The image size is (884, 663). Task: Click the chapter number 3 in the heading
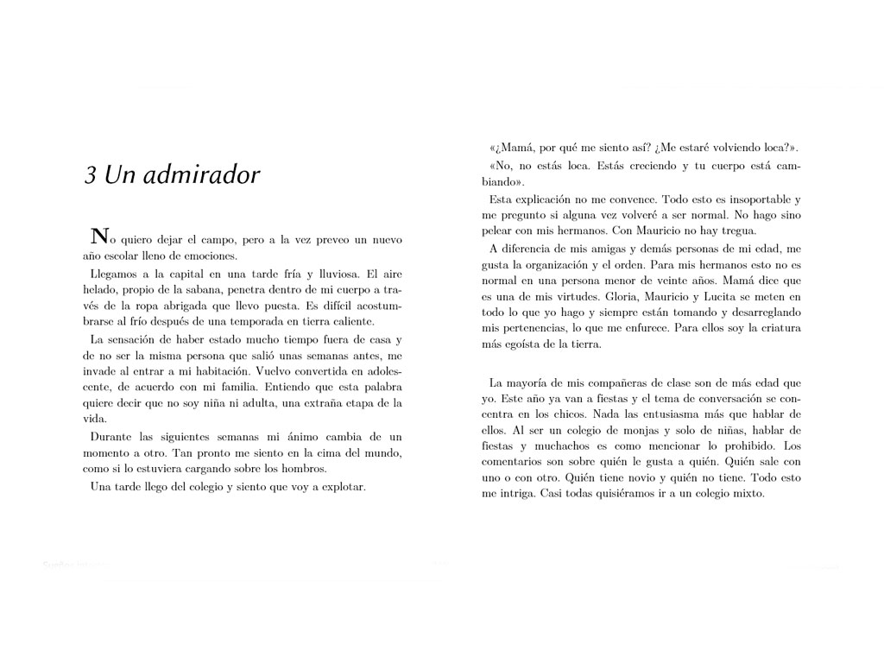90,175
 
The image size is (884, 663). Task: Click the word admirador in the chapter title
206,175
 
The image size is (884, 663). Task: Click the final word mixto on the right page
747,494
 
